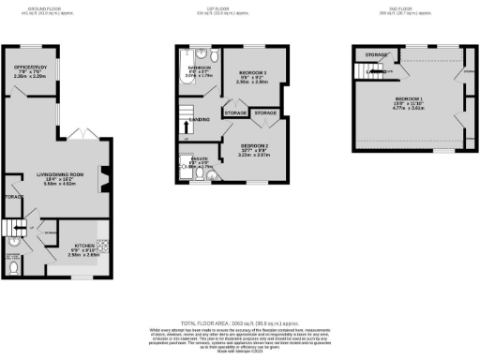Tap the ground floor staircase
coord(16,231)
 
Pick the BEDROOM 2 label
coord(254,147)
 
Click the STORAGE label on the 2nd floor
coord(377,55)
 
